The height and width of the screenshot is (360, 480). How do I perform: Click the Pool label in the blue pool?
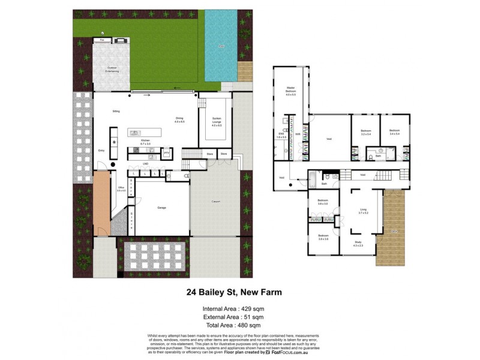221,45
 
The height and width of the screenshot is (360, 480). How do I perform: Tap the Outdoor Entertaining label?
112,70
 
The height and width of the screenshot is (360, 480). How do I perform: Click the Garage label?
161,208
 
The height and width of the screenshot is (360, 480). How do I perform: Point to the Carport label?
215,201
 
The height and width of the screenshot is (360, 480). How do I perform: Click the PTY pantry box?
167,154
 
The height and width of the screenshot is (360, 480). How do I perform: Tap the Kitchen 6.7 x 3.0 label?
145,142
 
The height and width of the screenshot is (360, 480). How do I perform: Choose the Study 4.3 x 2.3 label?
358,244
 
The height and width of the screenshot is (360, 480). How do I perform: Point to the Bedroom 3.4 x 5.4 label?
394,131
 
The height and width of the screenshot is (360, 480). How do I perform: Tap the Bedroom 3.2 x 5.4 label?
366,131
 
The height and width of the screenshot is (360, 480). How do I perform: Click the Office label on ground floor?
121,189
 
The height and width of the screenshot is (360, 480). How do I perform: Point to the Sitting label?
116,112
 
